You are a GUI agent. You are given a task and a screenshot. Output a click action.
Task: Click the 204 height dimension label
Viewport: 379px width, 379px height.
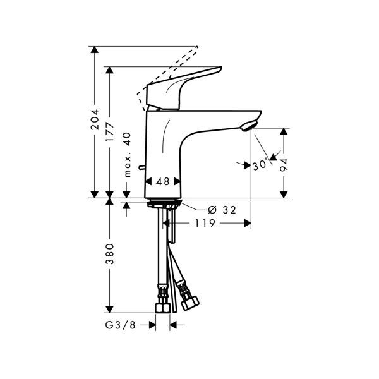[95, 119]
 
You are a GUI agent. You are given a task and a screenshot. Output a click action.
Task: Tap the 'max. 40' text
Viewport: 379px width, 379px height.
[127, 155]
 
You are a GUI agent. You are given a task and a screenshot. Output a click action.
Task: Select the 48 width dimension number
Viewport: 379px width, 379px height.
[163, 181]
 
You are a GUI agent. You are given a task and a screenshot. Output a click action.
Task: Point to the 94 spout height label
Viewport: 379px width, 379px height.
[284, 165]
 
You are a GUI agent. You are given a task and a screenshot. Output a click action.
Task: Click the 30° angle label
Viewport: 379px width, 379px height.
[260, 165]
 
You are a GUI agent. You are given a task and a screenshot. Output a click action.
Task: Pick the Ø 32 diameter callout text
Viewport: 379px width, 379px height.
[222, 210]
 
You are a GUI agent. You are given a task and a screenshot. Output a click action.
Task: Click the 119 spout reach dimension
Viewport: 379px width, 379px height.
[205, 223]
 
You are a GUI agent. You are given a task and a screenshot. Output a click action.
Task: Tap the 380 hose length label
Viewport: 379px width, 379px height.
[110, 254]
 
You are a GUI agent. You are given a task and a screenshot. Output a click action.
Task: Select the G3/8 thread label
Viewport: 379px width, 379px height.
[121, 325]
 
